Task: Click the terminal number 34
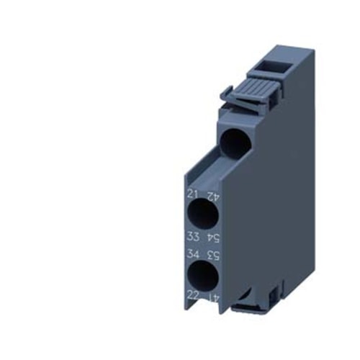[192, 255]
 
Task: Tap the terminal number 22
[192, 295]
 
